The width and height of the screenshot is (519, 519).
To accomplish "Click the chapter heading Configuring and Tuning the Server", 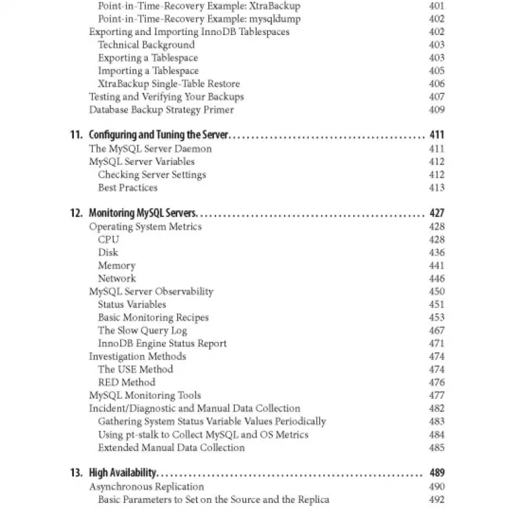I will click(160, 136).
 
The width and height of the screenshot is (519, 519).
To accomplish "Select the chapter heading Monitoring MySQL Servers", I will click(142, 213).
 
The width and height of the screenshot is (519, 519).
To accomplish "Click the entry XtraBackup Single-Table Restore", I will click(169, 84).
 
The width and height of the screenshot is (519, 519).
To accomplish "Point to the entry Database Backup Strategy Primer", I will click(161, 110).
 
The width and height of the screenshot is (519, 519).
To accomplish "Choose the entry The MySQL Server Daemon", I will click(150, 149).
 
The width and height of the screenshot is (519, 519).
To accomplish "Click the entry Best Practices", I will click(128, 187).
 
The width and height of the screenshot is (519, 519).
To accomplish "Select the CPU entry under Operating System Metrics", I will click(108, 239).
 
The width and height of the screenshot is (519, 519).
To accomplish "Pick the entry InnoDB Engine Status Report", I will click(162, 343).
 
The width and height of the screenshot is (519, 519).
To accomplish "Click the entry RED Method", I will click(127, 382).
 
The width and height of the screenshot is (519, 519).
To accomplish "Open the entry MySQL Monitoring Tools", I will click(145, 395).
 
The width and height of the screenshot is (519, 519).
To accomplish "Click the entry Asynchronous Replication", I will click(146, 486).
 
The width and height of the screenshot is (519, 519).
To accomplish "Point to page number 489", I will click(437, 473).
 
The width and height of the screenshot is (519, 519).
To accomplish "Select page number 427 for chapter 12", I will click(437, 213).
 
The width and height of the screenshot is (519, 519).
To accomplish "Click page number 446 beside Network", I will click(437, 278).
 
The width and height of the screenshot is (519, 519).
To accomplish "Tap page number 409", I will click(437, 110).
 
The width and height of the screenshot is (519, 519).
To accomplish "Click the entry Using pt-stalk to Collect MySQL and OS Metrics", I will click(203, 434).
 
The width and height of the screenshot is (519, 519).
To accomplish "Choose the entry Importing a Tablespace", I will click(148, 71).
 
